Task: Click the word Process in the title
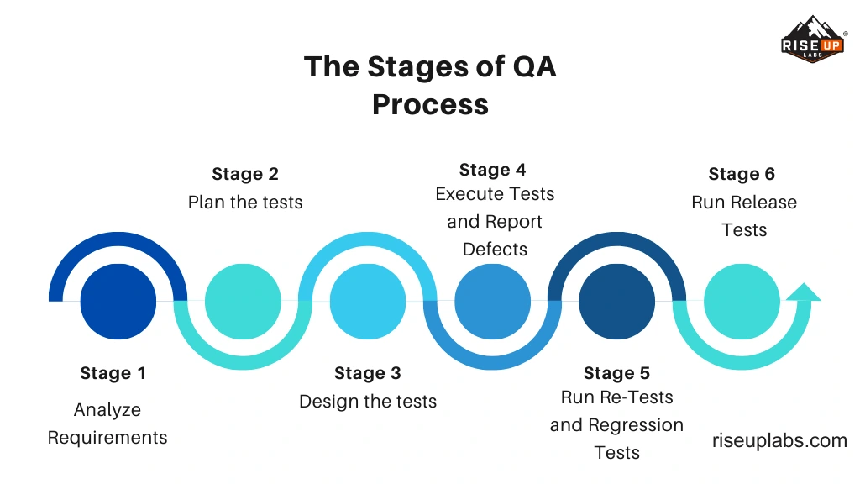pyautogui.click(x=430, y=105)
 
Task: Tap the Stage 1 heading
pyautogui.click(x=113, y=373)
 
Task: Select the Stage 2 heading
pyautogui.click(x=245, y=174)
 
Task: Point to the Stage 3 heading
pyautogui.click(x=368, y=373)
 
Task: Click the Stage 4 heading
pyautogui.click(x=492, y=170)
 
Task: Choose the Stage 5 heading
pyautogui.click(x=616, y=373)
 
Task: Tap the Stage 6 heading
pyautogui.click(x=742, y=174)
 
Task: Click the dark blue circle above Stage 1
pyautogui.click(x=118, y=301)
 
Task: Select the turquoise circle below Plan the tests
pyautogui.click(x=243, y=301)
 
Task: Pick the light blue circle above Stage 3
pyautogui.click(x=368, y=301)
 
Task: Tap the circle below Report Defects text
pyautogui.click(x=492, y=301)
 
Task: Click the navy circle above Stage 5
pyautogui.click(x=616, y=301)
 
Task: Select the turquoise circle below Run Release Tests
pyautogui.click(x=741, y=301)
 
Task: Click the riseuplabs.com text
pyautogui.click(x=779, y=440)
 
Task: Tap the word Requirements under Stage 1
pyautogui.click(x=107, y=438)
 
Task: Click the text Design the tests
pyautogui.click(x=368, y=402)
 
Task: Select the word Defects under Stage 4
pyautogui.click(x=495, y=250)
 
